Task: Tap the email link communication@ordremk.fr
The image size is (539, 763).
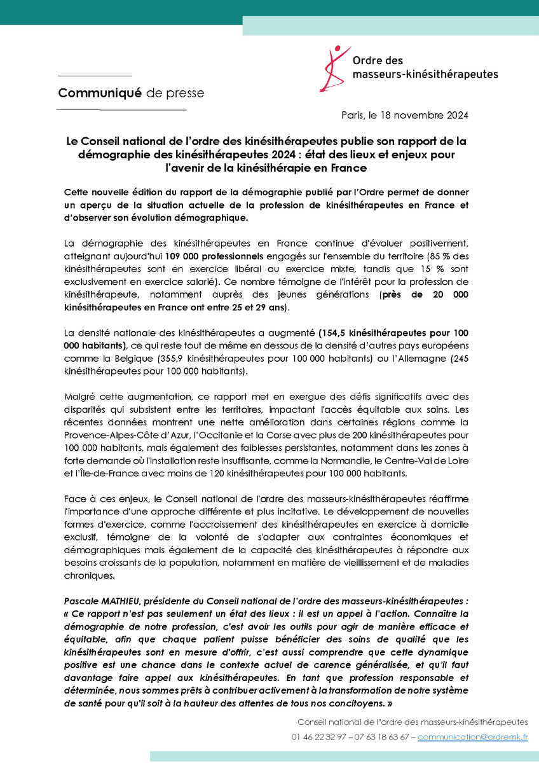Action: (x=472, y=738)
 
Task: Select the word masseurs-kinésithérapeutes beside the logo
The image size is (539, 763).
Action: (x=425, y=74)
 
